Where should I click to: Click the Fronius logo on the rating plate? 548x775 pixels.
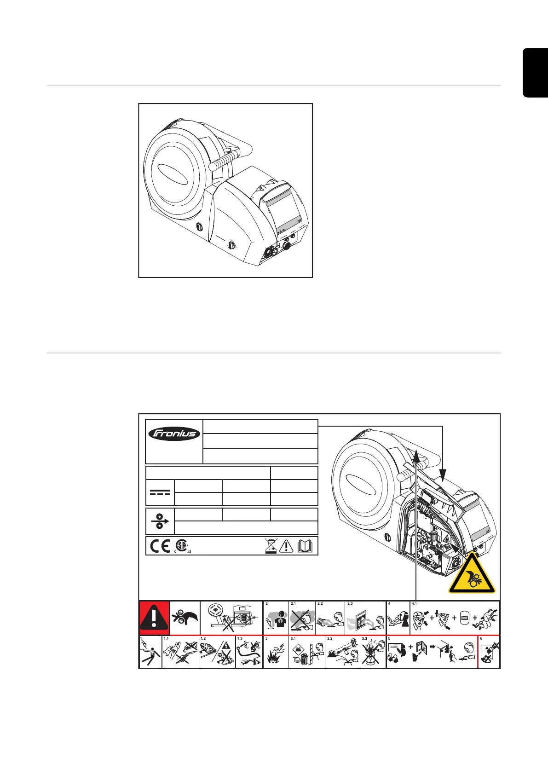(x=174, y=434)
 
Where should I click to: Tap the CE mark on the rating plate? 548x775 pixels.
(x=160, y=546)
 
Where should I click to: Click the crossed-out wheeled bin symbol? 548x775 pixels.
(x=271, y=546)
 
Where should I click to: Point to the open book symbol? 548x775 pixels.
(x=305, y=546)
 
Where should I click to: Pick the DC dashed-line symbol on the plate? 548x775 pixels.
(x=160, y=492)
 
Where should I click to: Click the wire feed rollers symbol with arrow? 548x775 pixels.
(x=160, y=521)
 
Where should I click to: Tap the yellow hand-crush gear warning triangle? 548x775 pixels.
(x=472, y=575)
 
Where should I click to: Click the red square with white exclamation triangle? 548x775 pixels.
(x=154, y=618)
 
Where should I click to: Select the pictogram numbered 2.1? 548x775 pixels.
(x=302, y=618)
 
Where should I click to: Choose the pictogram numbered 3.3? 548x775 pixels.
(x=373, y=652)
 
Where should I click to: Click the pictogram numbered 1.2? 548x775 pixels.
(x=217, y=653)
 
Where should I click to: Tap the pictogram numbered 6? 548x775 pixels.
(x=489, y=653)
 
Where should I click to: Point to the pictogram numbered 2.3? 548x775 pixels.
(x=365, y=618)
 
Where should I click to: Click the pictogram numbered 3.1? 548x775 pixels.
(x=306, y=653)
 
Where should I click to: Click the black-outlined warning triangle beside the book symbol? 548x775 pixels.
(x=286, y=546)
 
